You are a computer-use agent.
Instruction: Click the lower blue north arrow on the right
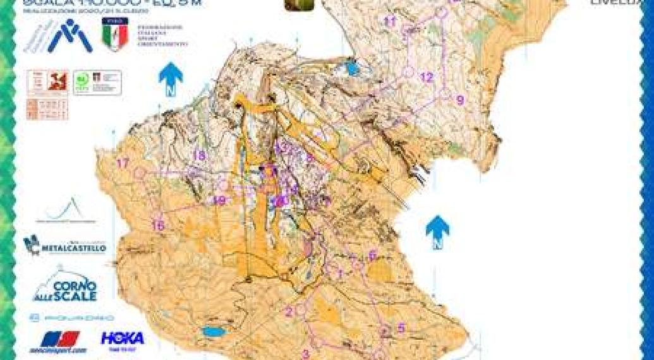coord(437,231)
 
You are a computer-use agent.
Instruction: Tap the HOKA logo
coord(123,339)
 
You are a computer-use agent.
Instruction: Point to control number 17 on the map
coord(123,164)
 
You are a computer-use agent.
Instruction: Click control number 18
coord(200,156)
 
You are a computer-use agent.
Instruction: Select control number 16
coord(159,225)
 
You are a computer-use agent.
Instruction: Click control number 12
coord(427,77)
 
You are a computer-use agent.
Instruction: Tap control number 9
coord(460,99)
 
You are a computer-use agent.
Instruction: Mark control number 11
coord(391,21)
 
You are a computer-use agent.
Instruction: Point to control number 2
coord(289,311)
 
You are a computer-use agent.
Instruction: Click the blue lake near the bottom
coord(211,332)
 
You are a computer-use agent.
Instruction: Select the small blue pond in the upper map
coord(352,68)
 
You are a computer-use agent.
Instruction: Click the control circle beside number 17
coord(140,172)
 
